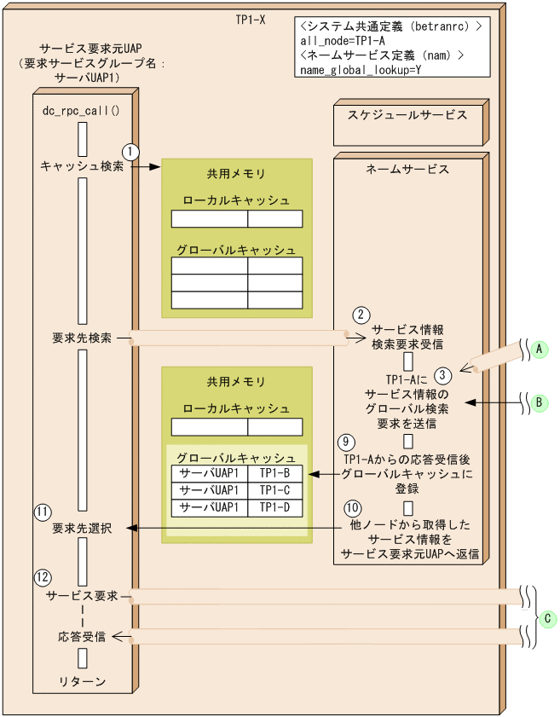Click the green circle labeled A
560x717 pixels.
click(538, 349)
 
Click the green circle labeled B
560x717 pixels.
click(538, 402)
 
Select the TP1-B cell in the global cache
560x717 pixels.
click(274, 473)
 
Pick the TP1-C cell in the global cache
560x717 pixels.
click(274, 490)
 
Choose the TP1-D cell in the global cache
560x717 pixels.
click(274, 507)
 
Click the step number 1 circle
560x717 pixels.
click(130, 151)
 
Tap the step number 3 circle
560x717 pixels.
click(442, 373)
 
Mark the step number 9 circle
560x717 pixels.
click(345, 442)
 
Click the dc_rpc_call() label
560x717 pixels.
click(82, 111)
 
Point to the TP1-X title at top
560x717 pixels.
click(250, 18)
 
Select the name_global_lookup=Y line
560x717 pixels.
click(361, 70)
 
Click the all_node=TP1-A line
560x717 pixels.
click(344, 40)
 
